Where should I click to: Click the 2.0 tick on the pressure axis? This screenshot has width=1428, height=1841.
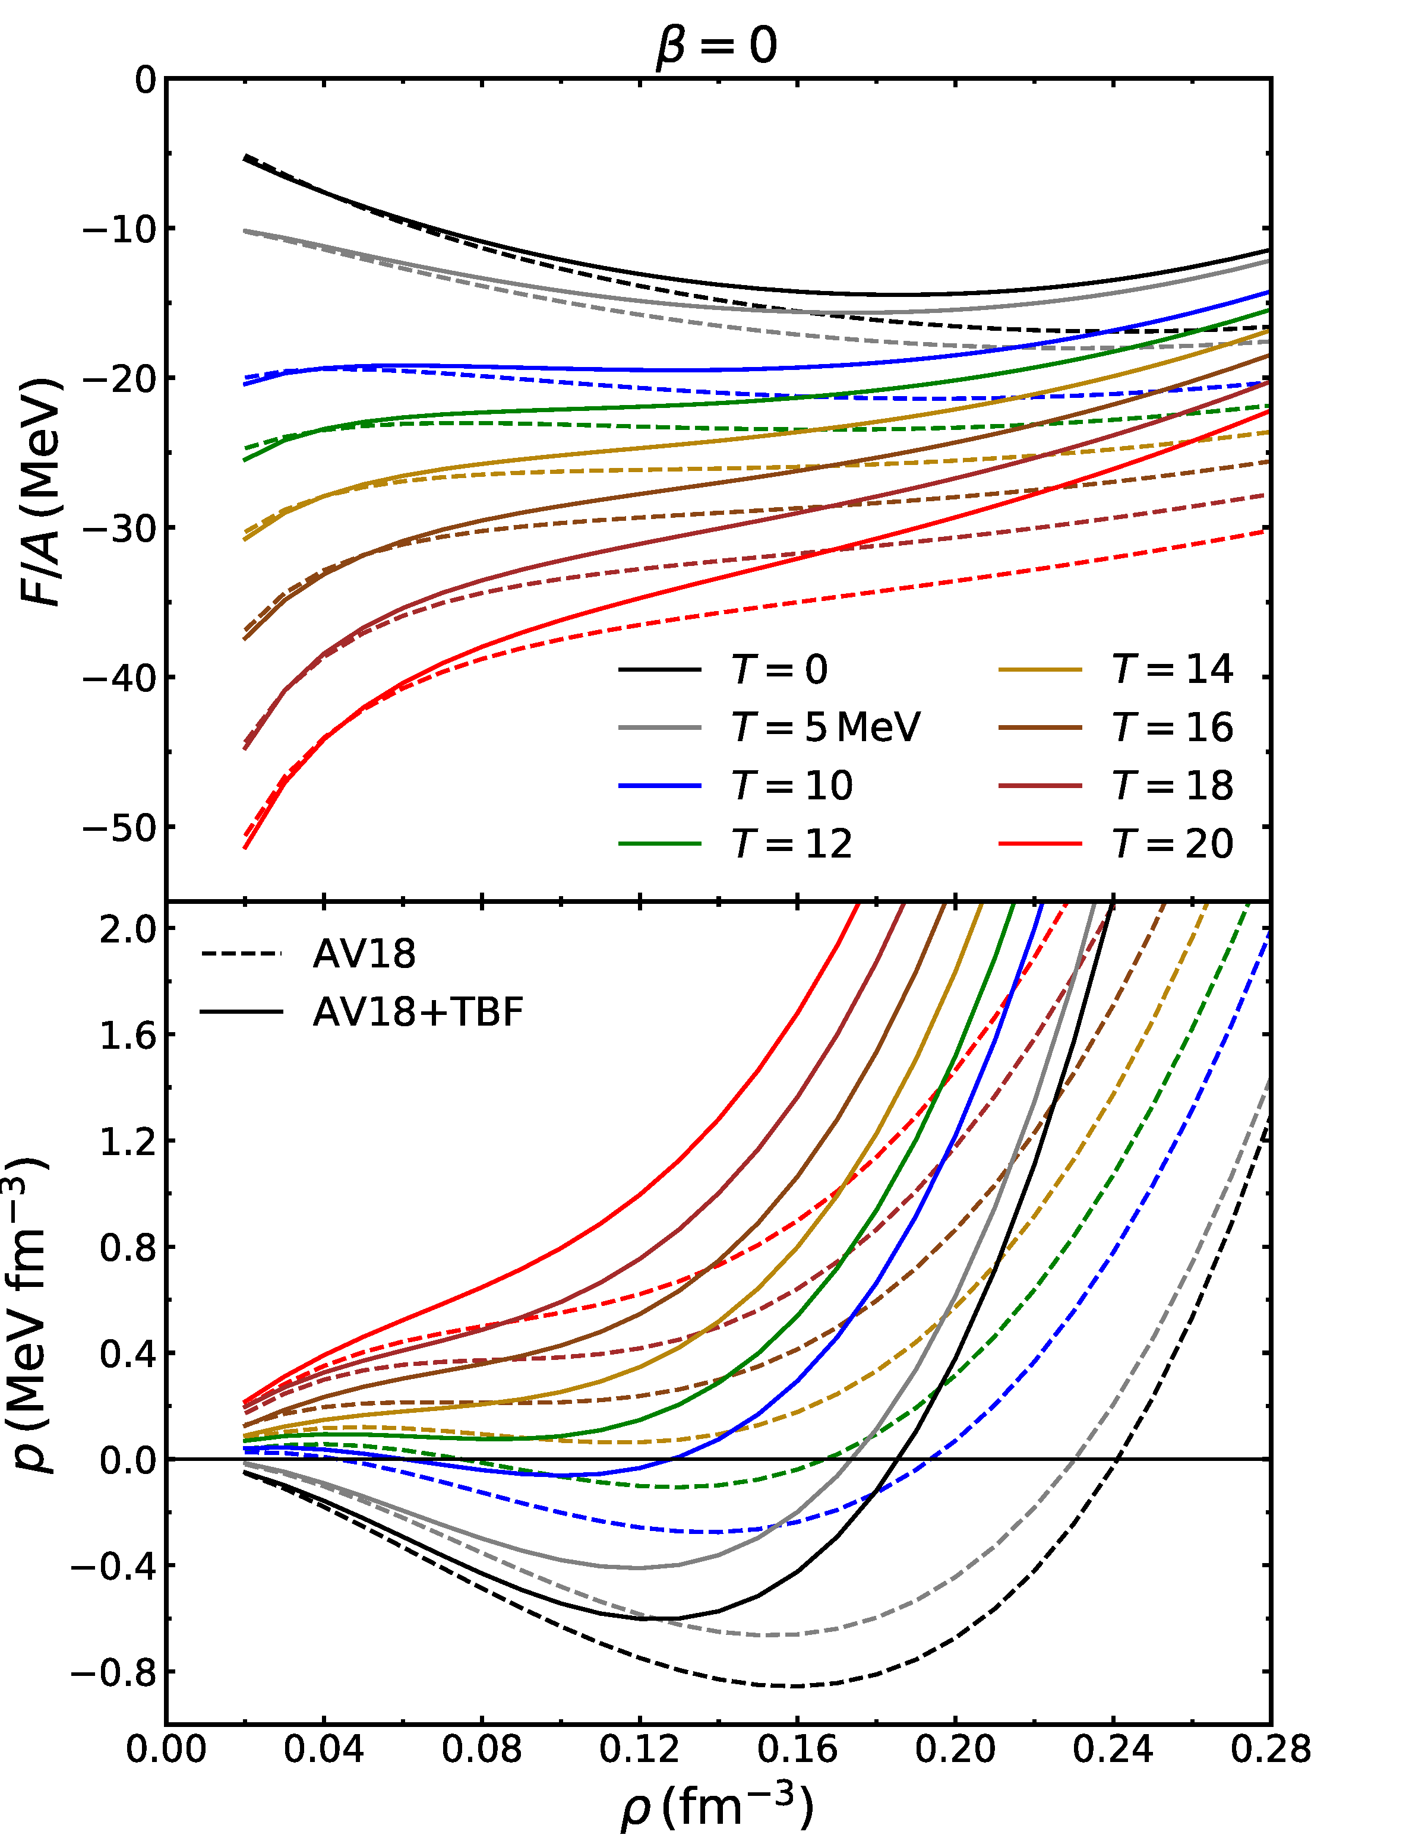pyautogui.click(x=128, y=929)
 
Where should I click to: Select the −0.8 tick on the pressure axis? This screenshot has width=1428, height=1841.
pyautogui.click(x=114, y=1672)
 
